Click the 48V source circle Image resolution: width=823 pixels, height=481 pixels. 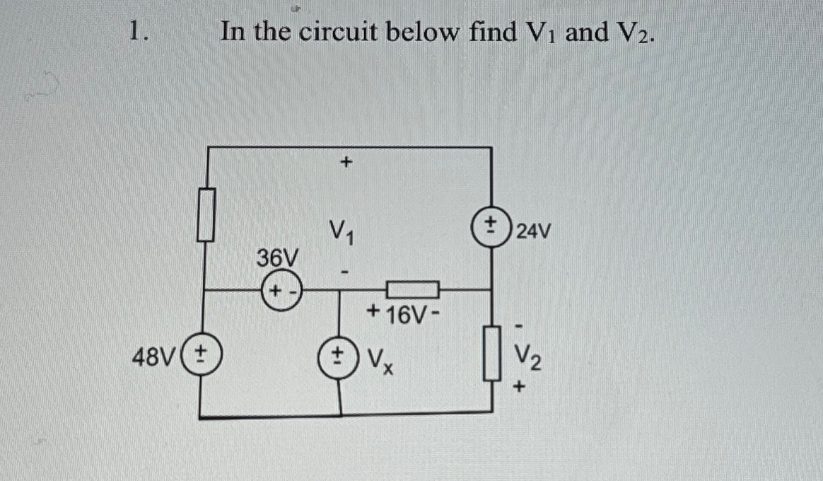(x=202, y=352)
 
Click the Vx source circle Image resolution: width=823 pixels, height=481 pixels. (x=342, y=352)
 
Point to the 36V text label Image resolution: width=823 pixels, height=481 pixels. (x=277, y=258)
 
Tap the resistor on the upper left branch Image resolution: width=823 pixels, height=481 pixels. (x=205, y=214)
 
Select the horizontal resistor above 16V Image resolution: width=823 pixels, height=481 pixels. (x=413, y=289)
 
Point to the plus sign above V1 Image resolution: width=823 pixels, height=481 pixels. (x=345, y=163)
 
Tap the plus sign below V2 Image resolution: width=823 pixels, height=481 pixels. (x=521, y=387)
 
